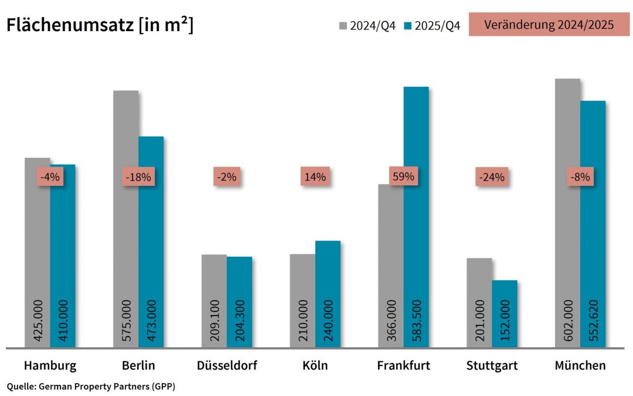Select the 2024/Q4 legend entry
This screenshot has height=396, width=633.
point(367,26)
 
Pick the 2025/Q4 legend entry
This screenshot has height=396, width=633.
point(432,26)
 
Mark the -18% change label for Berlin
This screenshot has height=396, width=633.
point(138,177)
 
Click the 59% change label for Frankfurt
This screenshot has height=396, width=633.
point(403,176)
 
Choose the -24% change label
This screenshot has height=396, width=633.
point(491,177)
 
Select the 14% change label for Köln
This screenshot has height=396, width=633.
point(315,177)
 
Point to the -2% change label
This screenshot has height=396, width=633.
point(226,177)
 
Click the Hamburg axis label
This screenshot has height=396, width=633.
point(50,365)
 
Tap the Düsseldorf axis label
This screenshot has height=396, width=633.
point(227,365)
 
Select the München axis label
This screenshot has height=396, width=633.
point(580,365)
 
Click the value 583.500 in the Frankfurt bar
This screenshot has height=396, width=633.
point(416,322)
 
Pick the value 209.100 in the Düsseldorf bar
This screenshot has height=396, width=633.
point(214,322)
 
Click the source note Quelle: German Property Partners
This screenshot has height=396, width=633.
point(91,386)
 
